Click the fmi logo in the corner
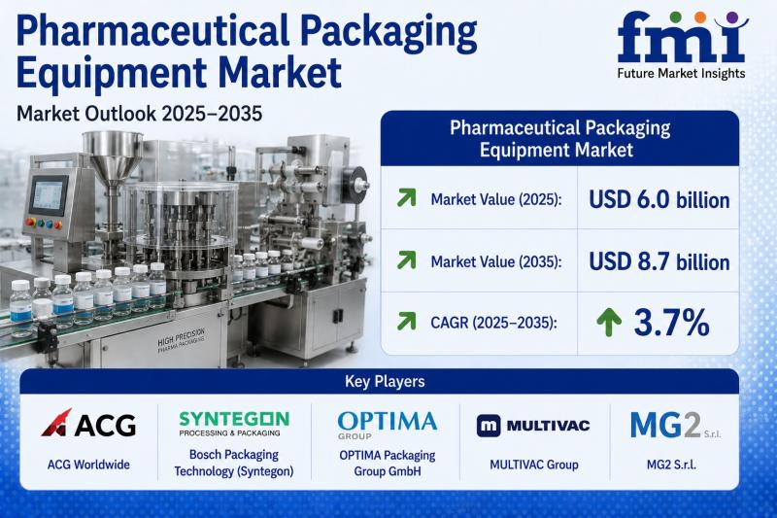[x=683, y=37]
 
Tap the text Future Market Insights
[x=682, y=73]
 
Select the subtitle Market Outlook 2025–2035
[x=139, y=114]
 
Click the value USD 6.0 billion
[x=659, y=200]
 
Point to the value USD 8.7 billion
[x=659, y=261]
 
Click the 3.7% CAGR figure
[x=671, y=323]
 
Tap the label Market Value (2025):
[x=496, y=200]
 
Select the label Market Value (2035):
[x=496, y=261]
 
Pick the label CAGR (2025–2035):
[x=493, y=324]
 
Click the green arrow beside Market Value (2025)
[x=406, y=198]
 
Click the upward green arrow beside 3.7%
[x=609, y=323]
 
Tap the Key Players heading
[x=385, y=381]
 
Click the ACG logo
[x=88, y=424]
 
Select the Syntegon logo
[x=234, y=424]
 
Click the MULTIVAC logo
[x=533, y=426]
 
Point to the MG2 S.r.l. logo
[x=675, y=426]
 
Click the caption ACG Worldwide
[x=88, y=465]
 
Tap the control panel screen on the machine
[x=49, y=195]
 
